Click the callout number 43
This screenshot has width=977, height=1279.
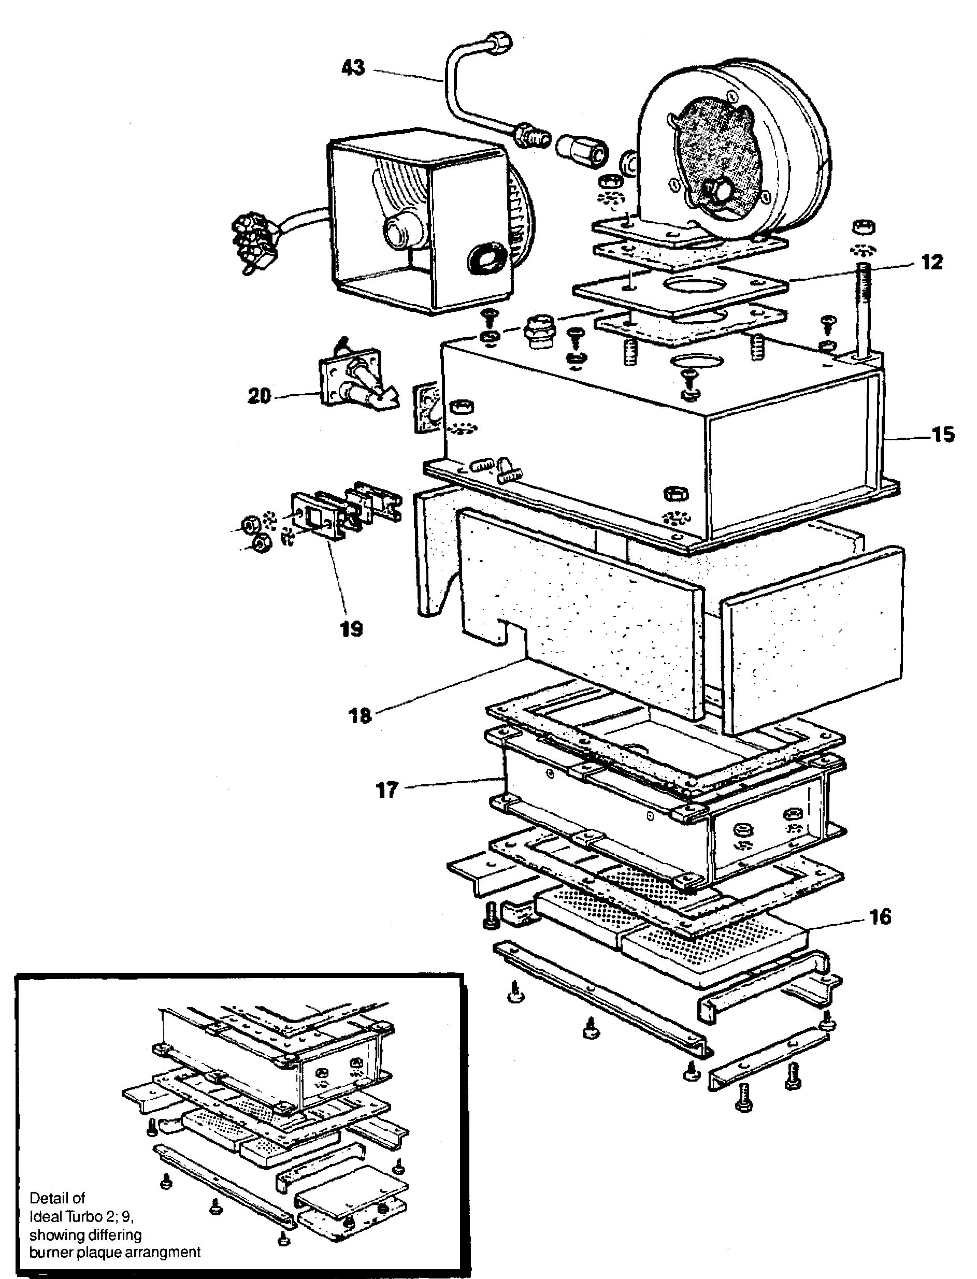point(353,68)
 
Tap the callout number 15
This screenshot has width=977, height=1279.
point(943,435)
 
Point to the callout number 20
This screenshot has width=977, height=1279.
point(260,396)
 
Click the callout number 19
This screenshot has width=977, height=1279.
point(352,629)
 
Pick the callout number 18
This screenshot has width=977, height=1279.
point(360,715)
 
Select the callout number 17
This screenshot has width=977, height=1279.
point(387,791)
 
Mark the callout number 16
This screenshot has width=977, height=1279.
point(881,917)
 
